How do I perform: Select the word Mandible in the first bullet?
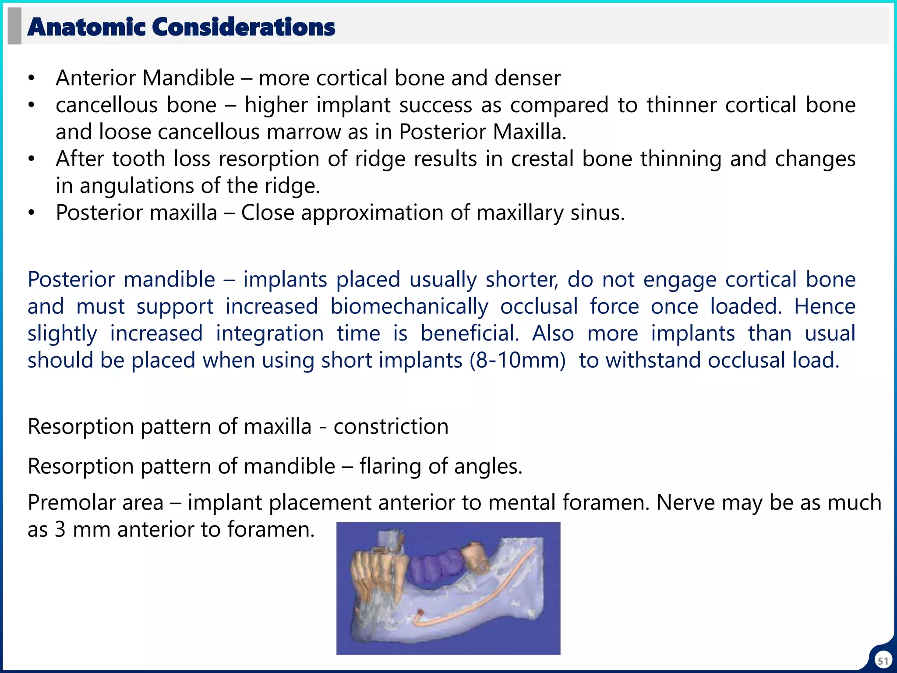[188, 78]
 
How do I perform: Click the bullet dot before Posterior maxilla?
[31, 213]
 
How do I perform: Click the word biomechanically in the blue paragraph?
[409, 306]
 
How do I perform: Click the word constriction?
[391, 426]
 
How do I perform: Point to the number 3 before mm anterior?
[60, 530]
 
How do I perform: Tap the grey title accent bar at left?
[14, 26]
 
